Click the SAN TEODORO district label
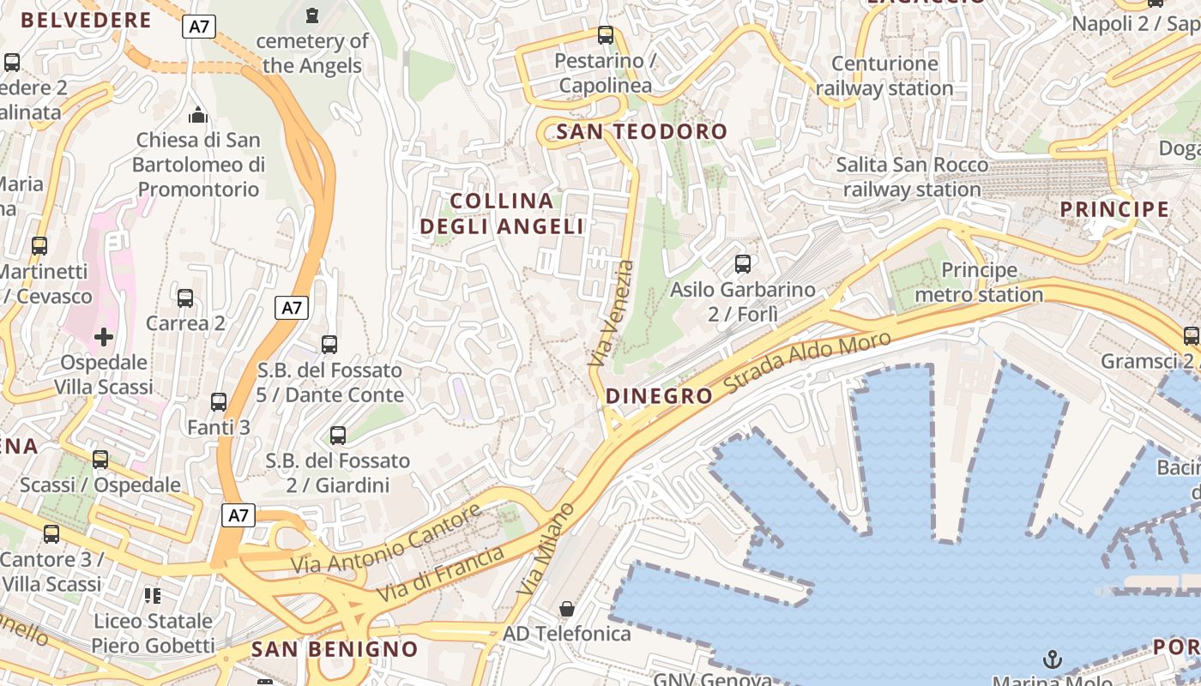point(642,132)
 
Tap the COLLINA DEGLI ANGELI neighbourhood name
point(502,214)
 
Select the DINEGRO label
point(659,396)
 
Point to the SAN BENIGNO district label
point(335,649)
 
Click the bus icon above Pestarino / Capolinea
point(606,35)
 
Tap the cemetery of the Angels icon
point(311,15)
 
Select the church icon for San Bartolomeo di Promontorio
point(198,115)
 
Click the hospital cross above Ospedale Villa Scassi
point(104,337)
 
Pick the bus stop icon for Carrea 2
point(185,298)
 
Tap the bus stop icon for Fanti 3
point(219,402)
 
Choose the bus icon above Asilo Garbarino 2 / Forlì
point(743,264)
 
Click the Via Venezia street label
point(613,314)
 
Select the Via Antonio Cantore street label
point(386,541)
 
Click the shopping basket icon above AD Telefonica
point(567,609)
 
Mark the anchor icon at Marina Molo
point(1052,659)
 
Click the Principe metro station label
point(979,283)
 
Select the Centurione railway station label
point(884,76)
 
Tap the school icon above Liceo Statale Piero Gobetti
point(153,595)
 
